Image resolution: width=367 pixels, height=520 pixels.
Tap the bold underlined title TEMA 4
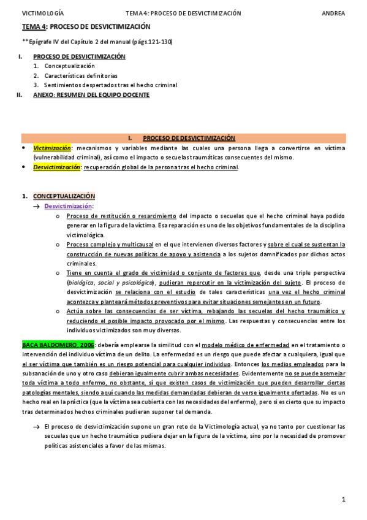tap(34, 27)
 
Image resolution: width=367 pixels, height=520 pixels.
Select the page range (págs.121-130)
tap(150, 41)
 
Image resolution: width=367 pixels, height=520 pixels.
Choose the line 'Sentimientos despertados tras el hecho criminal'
tap(111, 85)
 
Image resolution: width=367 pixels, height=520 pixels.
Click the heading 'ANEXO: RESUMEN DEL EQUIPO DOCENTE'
tap(91, 95)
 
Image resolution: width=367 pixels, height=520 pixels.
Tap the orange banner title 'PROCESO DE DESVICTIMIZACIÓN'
tap(189, 139)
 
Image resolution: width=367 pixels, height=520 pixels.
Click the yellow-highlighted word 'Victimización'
tap(52, 148)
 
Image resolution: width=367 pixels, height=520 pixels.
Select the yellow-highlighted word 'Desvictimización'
tap(56, 167)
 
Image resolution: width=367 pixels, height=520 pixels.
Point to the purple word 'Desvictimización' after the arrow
tap(67, 206)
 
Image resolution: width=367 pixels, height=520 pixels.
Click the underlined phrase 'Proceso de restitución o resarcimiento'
tap(122, 216)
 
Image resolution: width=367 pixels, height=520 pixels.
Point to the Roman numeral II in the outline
tap(21, 95)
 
